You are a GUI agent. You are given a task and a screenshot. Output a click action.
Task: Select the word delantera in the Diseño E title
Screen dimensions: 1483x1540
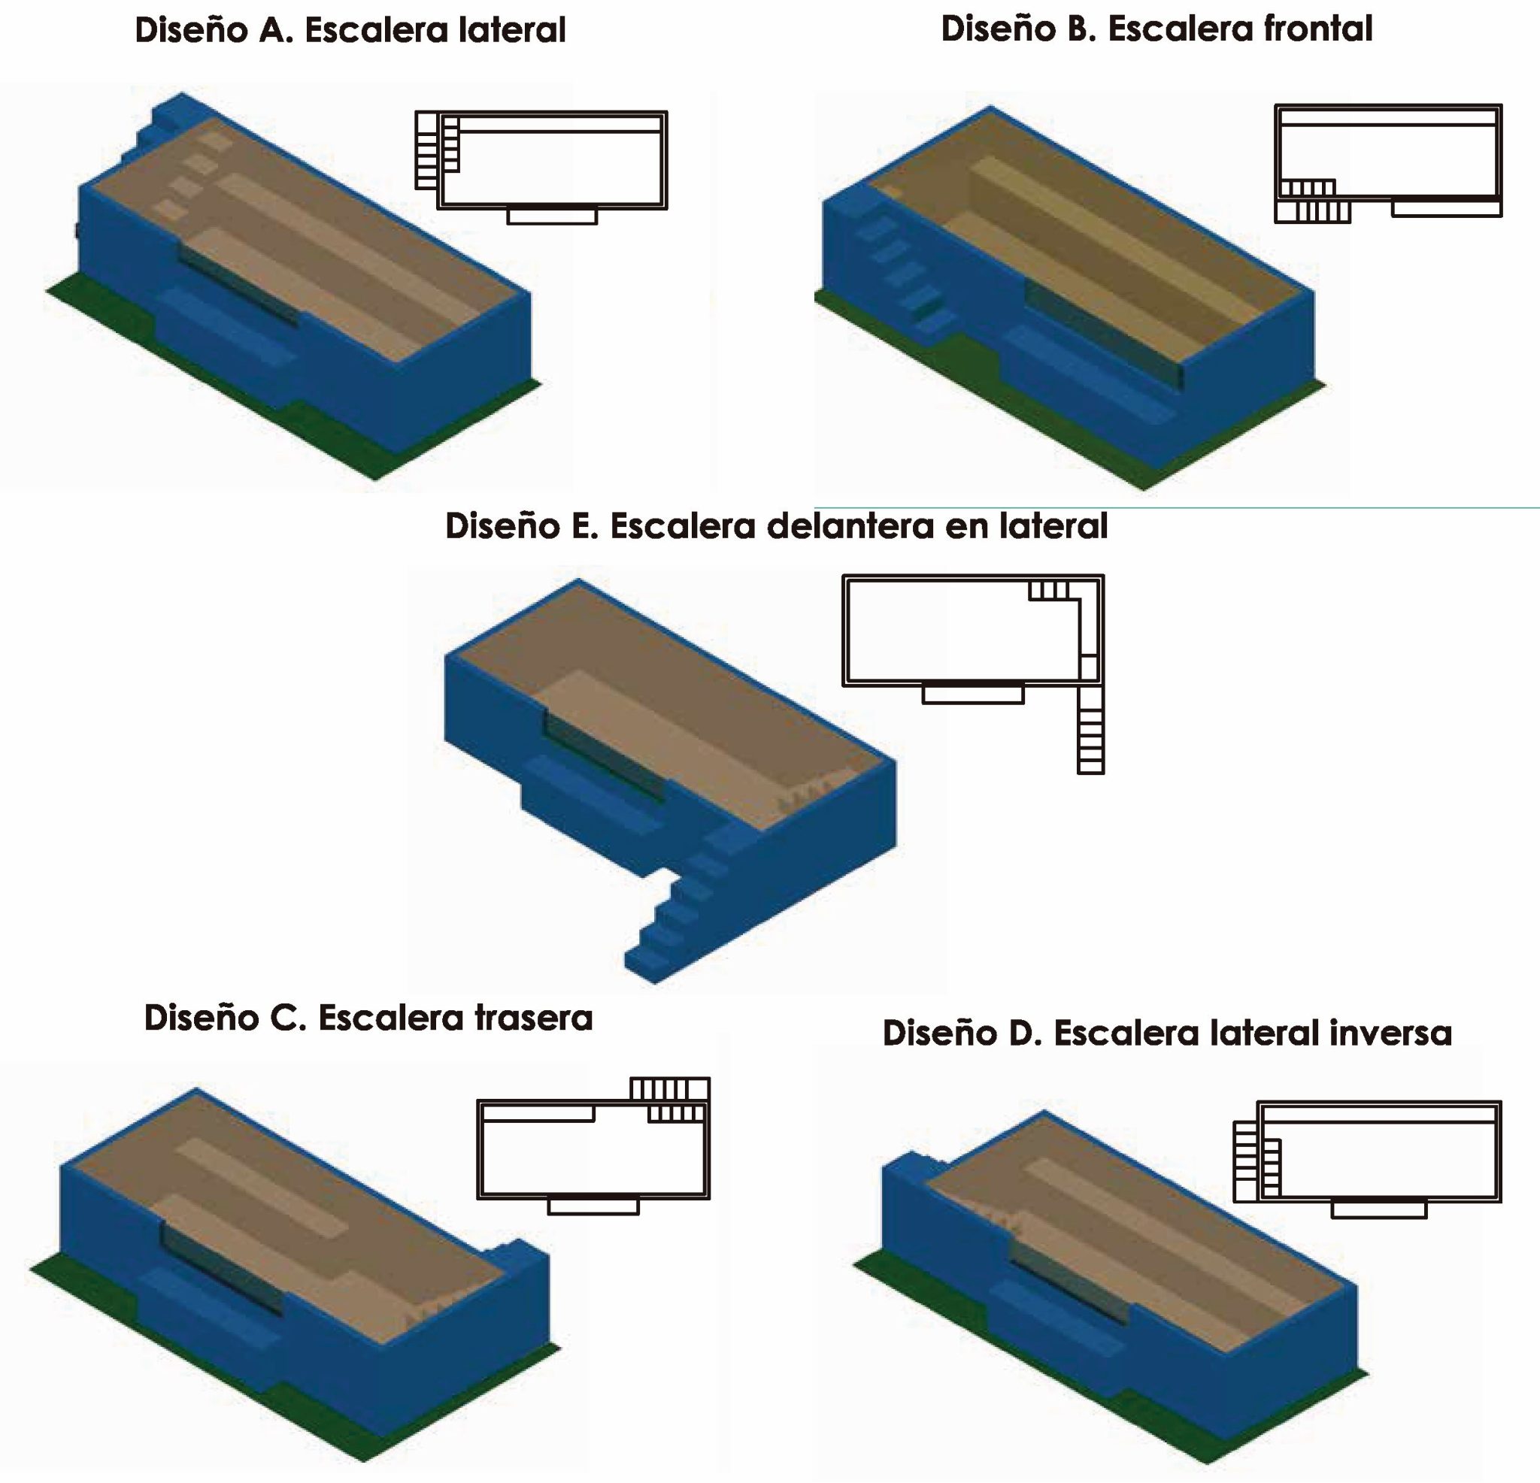point(850,526)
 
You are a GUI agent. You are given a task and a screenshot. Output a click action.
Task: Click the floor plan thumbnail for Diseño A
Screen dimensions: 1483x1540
point(541,165)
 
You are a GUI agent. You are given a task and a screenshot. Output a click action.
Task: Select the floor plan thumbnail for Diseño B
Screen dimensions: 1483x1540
point(1387,163)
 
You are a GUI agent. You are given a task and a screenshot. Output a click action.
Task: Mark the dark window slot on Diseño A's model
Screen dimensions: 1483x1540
point(238,283)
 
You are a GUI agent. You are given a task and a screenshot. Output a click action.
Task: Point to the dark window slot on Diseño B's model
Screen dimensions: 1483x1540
point(1103,334)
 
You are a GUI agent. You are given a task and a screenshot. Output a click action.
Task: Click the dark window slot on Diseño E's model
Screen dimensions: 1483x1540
point(603,755)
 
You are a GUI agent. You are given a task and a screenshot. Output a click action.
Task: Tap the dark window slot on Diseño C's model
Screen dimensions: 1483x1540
point(221,1267)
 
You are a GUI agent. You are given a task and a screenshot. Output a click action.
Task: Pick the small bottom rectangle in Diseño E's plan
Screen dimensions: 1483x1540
point(973,695)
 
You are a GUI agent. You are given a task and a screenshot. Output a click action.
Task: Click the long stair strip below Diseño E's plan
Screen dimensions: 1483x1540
point(1090,729)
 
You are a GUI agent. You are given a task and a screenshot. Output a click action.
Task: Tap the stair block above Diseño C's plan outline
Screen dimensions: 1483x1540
point(669,1088)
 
